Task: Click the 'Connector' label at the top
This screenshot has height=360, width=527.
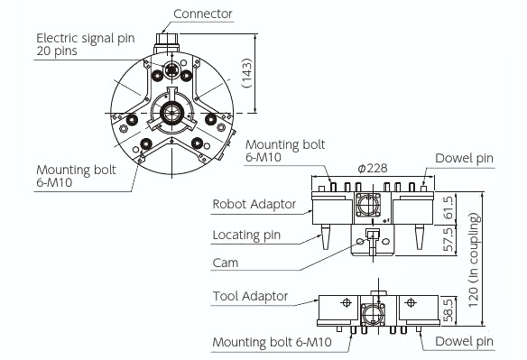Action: tap(202, 14)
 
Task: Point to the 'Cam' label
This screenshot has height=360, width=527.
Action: tap(226, 263)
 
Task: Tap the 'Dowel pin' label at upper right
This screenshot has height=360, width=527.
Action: tap(465, 158)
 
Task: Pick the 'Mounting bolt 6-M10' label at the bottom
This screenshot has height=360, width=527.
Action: tap(272, 343)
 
